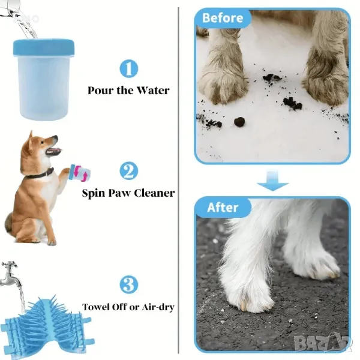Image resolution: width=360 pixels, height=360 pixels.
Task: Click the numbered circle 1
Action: (129, 68)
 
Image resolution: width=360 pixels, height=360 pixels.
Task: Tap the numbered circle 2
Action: (129, 171)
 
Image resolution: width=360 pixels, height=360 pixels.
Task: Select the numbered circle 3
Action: (129, 284)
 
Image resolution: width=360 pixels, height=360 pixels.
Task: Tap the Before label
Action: (223, 18)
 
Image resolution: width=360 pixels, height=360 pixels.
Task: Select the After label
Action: (223, 208)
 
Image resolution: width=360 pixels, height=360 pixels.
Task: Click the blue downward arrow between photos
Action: (272, 181)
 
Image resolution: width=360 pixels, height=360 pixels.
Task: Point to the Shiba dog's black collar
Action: (40, 174)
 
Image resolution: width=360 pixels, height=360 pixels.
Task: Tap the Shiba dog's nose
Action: (56, 137)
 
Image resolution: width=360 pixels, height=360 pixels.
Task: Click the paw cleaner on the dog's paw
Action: (80, 173)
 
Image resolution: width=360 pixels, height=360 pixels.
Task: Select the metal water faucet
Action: (10, 273)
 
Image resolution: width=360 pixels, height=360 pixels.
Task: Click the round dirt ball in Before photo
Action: (239, 121)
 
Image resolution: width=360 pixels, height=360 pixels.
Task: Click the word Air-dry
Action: (158, 307)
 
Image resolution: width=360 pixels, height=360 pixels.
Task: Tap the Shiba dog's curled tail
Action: (9, 222)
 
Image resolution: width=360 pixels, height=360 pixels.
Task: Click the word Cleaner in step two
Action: (154, 193)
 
